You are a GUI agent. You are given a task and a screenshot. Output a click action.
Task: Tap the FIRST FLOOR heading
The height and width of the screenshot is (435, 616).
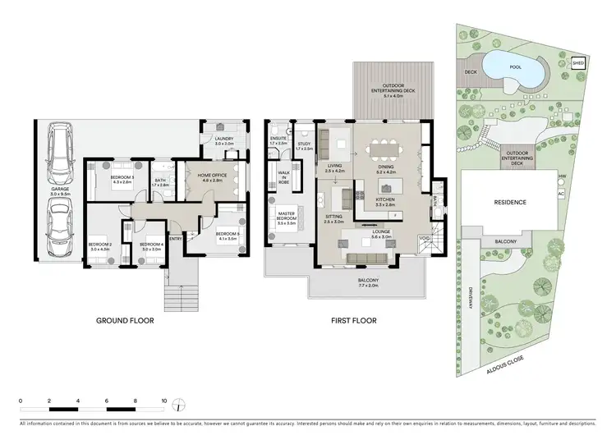(353, 321)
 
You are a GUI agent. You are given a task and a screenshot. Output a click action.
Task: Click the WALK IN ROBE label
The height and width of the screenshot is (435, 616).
(285, 179)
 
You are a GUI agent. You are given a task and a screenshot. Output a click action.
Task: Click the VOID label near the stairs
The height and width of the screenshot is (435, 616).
(424, 238)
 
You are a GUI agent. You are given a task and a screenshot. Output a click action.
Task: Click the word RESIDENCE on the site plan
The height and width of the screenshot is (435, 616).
(509, 201)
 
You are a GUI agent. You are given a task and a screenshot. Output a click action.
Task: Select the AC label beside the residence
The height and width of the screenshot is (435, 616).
(562, 195)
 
